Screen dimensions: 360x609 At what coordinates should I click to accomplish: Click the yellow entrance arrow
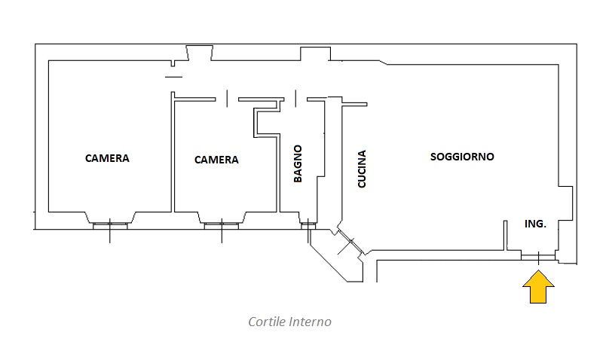[x=539, y=288]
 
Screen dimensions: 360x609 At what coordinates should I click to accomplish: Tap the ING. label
[x=535, y=224]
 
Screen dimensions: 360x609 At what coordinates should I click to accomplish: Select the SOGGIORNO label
[x=462, y=157]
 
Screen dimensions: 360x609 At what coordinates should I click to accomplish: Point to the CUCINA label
[x=362, y=169]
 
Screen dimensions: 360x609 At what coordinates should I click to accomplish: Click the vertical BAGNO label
[x=298, y=163]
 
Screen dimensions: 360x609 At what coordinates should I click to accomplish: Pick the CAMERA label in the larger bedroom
[x=107, y=158]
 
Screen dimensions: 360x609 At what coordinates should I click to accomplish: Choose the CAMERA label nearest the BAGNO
[x=216, y=160]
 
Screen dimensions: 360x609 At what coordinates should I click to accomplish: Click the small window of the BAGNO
[x=308, y=224]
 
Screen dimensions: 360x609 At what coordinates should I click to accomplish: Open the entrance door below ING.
[x=538, y=257]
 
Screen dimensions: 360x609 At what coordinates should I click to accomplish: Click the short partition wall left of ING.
[x=505, y=236]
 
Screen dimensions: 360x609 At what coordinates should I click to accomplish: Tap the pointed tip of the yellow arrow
[x=539, y=274]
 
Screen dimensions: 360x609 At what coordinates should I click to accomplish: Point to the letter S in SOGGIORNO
[x=433, y=157]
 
